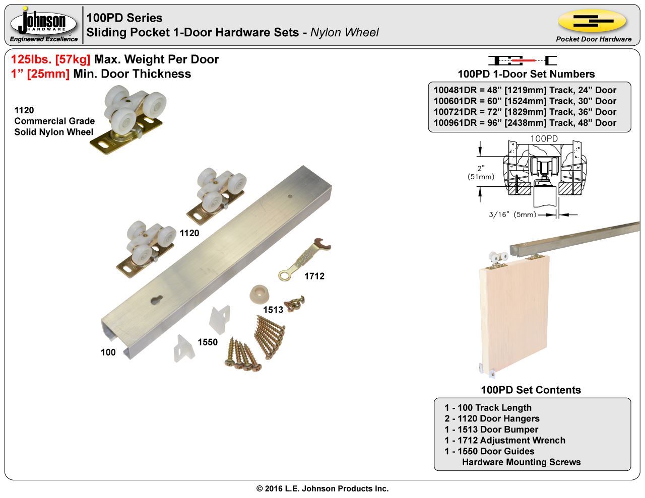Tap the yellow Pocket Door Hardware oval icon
coord(592,21)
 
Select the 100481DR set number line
coord(525,90)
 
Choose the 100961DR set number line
coord(525,123)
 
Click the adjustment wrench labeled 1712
coord(304,259)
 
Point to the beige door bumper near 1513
coord(260,294)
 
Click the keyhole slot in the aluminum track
coord(156,300)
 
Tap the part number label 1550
coord(208,342)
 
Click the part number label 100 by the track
coord(108,352)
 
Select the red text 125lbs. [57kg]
coord(50,59)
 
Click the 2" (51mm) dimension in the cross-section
coord(481,172)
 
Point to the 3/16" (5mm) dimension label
coord(512,215)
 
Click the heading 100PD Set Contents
coord(531,390)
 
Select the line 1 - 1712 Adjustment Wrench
coord(504,440)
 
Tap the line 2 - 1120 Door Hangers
coord(492,418)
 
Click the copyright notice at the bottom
coord(322,488)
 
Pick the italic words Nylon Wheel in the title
coord(344,32)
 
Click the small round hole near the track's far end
coord(290,196)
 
